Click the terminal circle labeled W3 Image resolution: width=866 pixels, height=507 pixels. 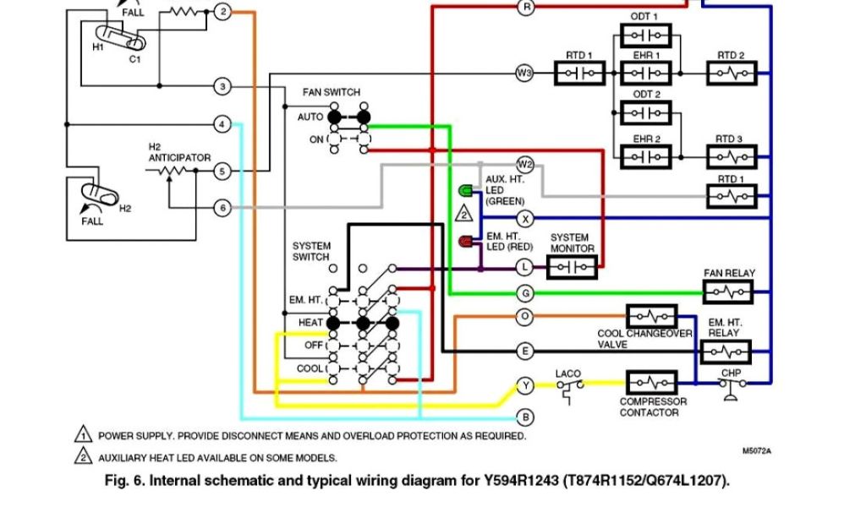524,73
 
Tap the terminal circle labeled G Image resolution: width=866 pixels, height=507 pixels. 525,293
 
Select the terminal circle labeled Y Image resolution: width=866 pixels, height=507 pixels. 525,386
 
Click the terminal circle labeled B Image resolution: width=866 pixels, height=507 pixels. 525,417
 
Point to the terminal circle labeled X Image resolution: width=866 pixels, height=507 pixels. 525,219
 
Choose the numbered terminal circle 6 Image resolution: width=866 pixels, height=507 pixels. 222,208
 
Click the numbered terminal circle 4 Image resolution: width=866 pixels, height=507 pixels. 222,124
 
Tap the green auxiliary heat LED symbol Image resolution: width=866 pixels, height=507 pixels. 465,191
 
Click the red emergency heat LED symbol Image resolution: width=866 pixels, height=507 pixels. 466,241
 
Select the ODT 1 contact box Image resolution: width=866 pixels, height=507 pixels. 645,35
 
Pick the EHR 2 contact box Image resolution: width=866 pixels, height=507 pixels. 645,157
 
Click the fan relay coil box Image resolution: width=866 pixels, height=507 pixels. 728,292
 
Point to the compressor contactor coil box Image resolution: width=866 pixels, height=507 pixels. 652,382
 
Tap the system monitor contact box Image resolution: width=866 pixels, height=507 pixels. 572,268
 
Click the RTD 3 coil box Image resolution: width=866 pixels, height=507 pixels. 732,157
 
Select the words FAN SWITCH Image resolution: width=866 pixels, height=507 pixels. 332,92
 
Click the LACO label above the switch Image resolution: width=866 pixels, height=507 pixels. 567,374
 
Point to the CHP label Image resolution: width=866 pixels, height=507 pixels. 731,373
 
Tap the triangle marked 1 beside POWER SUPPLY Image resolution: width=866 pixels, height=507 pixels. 84,434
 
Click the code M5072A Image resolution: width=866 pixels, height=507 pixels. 757,450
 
